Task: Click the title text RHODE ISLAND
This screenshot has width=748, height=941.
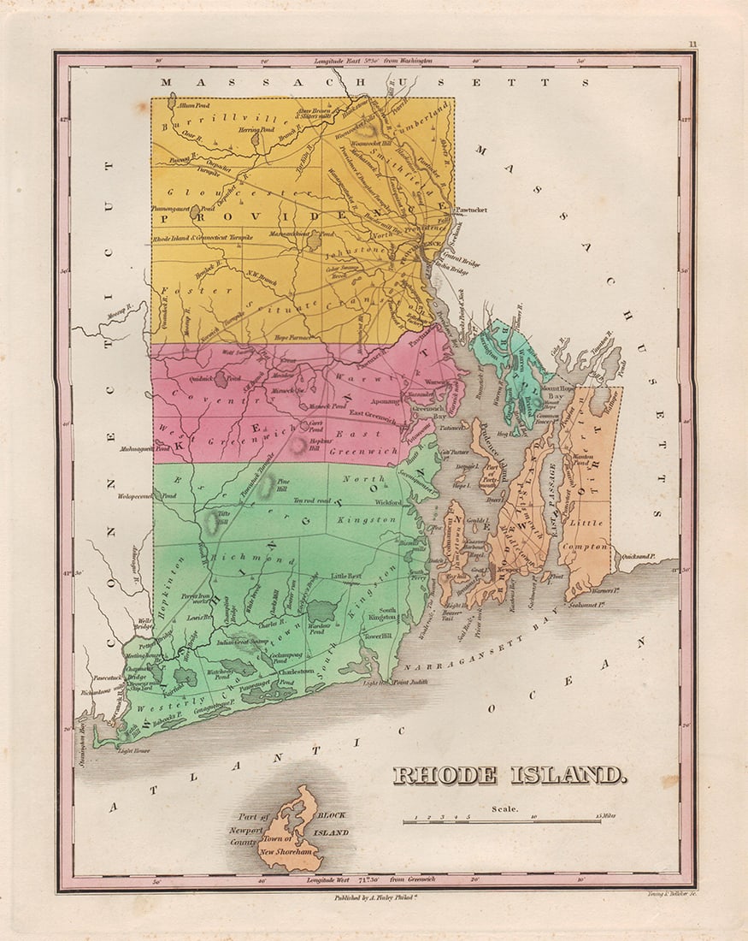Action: pyautogui.click(x=509, y=776)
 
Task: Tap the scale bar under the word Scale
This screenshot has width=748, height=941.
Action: pyautogui.click(x=503, y=820)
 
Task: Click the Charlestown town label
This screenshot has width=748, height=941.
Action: pyautogui.click(x=306, y=672)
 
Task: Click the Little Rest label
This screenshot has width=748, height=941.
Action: pyautogui.click(x=348, y=577)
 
